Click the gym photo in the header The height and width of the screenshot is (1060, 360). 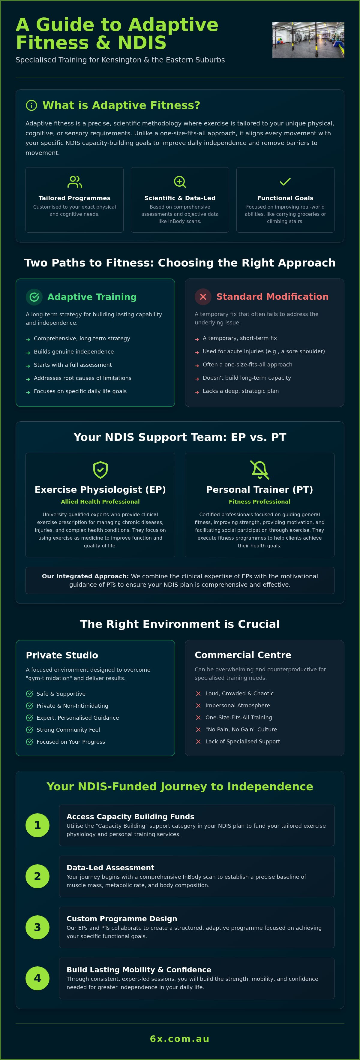coord(308,40)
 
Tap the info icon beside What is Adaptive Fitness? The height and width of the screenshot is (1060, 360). coord(31,105)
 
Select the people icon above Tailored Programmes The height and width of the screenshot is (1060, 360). coord(74,182)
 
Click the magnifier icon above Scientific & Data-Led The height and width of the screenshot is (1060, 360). coord(180,182)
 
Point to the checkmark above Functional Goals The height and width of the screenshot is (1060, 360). coord(285,182)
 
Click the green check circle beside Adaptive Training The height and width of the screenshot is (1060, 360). coord(34,297)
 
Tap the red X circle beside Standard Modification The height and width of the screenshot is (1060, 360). coord(203,297)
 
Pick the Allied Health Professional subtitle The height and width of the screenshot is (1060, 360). coord(100,501)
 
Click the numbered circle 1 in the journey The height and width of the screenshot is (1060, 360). coord(37,825)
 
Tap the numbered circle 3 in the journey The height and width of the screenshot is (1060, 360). coord(37,927)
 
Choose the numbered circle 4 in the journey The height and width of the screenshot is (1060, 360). coord(37,978)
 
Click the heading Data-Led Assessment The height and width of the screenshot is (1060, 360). coord(110,867)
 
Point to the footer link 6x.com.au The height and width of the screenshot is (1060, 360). coord(180,1039)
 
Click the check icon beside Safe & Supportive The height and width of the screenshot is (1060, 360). coord(29,694)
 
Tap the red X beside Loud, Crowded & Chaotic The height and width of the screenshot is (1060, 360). coord(198,693)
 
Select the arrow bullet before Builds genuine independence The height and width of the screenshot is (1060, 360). coord(28,353)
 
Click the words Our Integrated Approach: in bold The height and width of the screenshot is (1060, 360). coord(85,576)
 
